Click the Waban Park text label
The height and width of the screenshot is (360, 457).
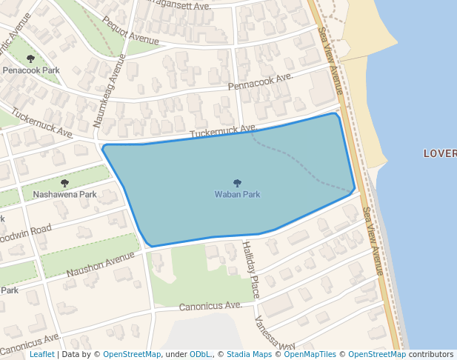237,195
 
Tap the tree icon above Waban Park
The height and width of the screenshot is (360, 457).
237,183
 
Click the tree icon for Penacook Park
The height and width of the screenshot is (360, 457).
30,59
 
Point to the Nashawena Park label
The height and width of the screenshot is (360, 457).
65,195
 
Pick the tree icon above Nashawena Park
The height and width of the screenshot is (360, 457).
64,183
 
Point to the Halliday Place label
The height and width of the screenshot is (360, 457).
251,270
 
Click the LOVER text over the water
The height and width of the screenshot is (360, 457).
439,153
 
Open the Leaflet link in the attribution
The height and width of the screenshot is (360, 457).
42,354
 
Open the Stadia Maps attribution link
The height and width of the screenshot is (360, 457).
249,354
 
